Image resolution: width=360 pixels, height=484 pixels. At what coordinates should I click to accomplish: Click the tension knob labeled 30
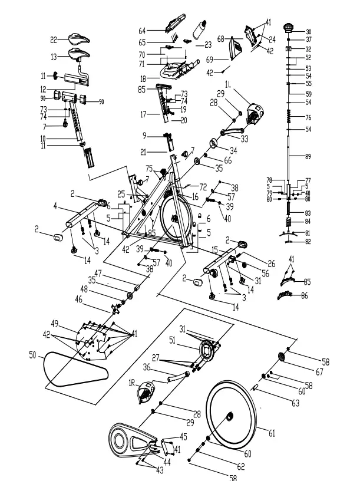click(288, 27)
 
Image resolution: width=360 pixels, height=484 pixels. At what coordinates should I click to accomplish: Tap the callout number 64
click(142, 29)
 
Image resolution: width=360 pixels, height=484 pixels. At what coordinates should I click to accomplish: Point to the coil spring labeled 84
click(289, 223)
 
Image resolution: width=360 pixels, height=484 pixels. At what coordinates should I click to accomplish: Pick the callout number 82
click(307, 241)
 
